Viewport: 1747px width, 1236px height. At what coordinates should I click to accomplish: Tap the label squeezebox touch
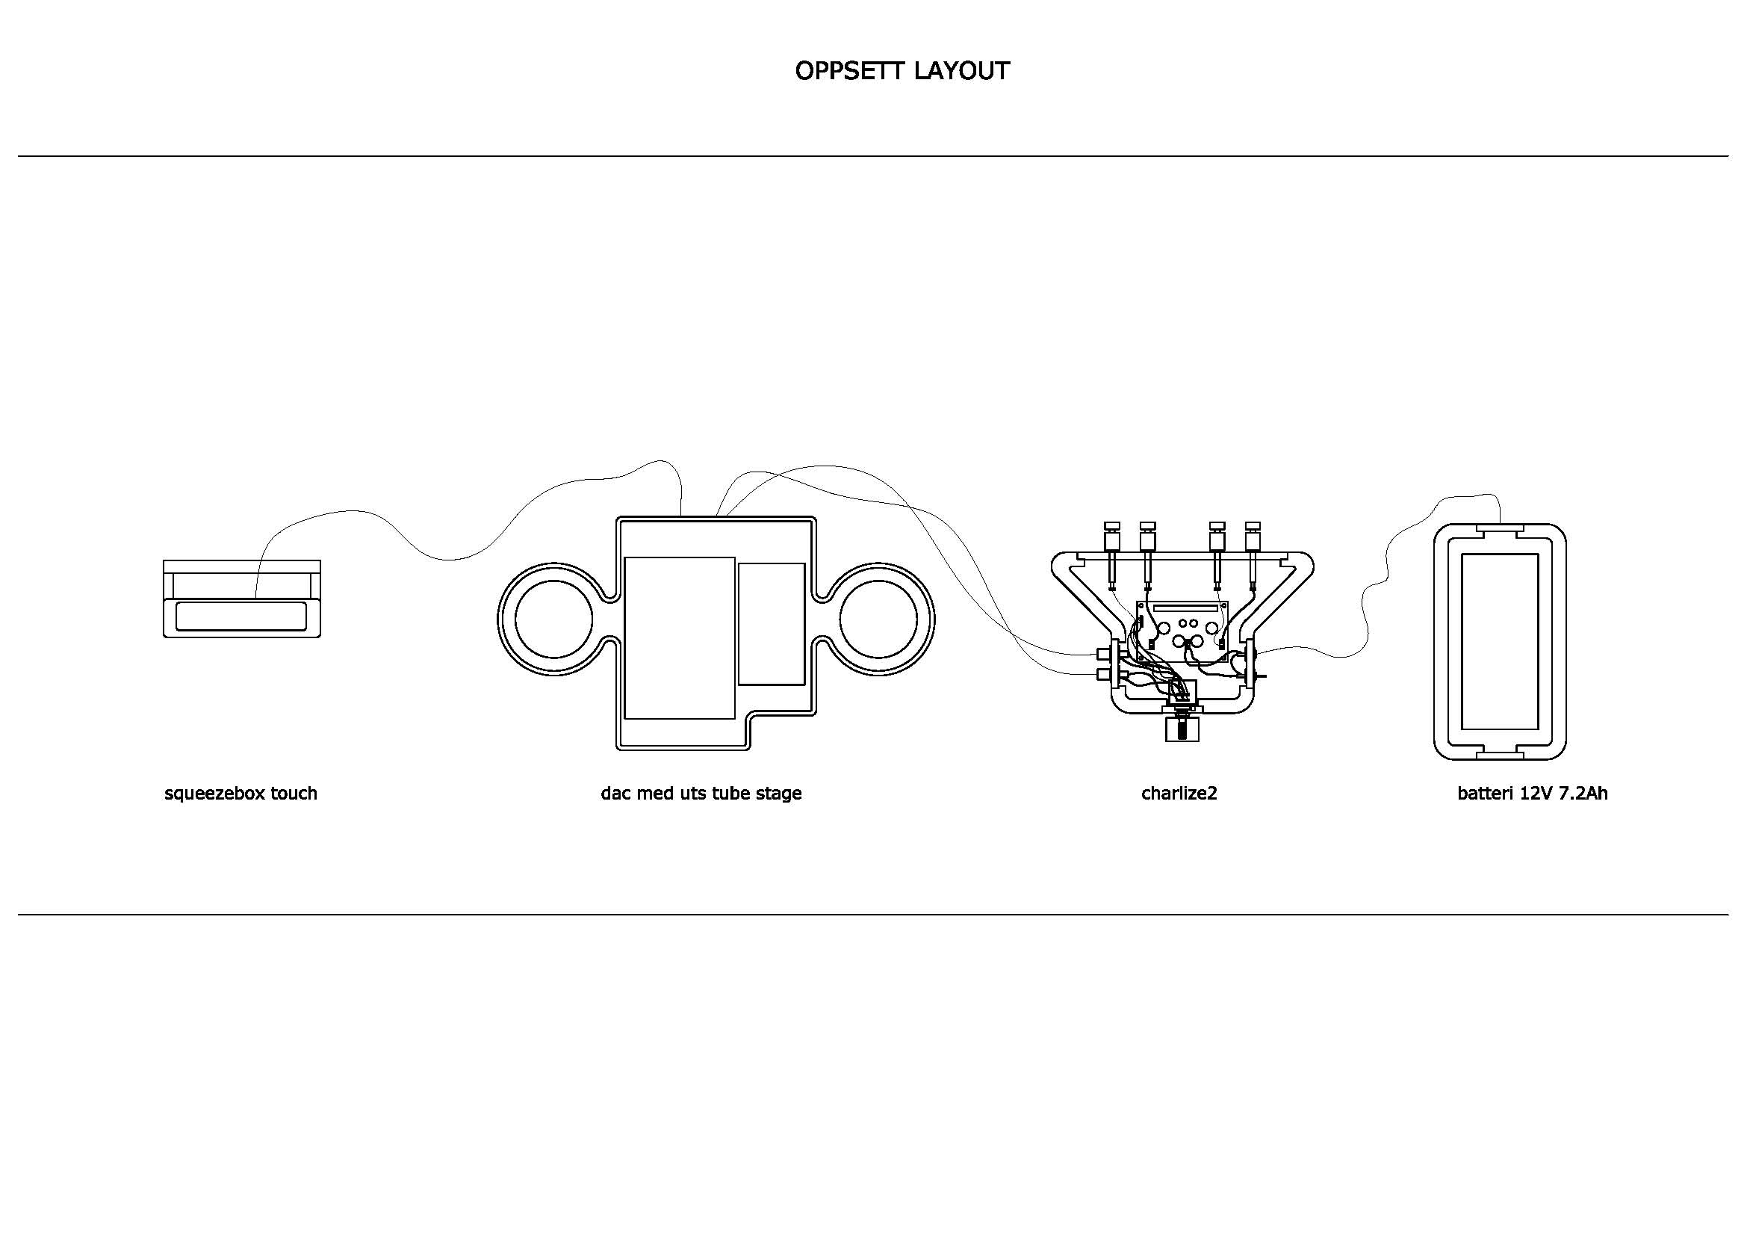point(241,793)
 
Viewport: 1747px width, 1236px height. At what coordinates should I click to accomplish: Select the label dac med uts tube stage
point(701,793)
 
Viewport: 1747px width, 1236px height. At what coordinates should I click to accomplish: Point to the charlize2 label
point(1179,793)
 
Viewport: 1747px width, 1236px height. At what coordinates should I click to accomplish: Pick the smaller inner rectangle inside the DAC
point(771,623)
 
